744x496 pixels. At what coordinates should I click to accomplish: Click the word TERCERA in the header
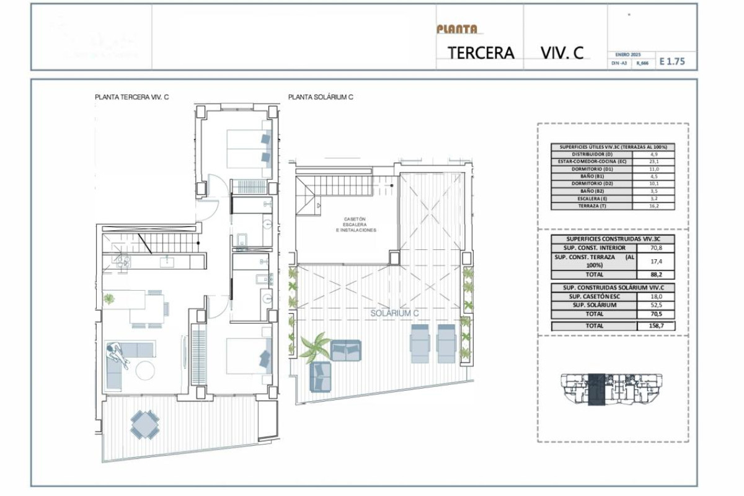481,53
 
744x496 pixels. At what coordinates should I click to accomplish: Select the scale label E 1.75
672,61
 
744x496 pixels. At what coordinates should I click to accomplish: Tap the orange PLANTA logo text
457,29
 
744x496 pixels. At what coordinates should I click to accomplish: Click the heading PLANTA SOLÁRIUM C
321,97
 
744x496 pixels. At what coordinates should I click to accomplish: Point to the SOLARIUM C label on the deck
394,313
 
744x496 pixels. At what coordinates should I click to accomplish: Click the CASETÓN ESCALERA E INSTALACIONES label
355,224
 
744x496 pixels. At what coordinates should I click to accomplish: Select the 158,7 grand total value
662,325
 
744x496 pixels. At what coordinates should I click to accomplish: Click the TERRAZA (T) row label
591,206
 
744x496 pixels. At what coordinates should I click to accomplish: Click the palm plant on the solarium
316,345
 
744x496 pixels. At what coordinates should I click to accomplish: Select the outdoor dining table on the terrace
145,424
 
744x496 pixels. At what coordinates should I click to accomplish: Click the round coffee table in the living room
146,371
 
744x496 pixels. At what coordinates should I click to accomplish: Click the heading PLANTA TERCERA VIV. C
131,97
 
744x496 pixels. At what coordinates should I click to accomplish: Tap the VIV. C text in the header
561,53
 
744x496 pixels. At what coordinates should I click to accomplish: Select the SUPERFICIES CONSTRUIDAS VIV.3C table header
613,239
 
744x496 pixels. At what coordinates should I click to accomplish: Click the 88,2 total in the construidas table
662,275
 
